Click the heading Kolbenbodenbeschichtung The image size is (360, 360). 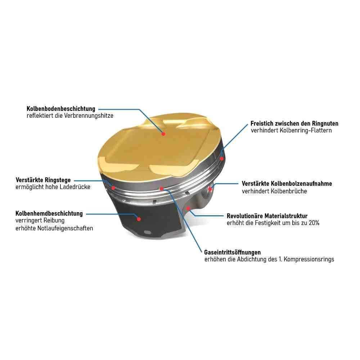point(61,109)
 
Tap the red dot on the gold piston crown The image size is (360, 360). point(163,134)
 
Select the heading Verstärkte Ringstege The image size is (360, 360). point(43,180)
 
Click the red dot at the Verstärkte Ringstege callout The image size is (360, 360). point(113,188)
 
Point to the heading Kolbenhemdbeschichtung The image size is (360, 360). point(49,213)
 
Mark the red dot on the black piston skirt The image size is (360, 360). point(139,219)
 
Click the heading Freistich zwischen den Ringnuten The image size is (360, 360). point(294,123)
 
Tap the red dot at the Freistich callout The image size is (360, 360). point(221,159)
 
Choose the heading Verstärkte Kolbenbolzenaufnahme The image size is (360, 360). point(287,184)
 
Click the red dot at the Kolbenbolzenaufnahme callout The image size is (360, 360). point(210,189)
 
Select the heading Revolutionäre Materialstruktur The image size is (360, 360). point(267,216)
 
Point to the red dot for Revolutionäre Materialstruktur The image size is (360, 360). point(188,208)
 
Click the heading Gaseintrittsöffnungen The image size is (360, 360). point(232,252)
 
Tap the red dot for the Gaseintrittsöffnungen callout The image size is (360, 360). point(161,189)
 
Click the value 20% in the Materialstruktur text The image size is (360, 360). point(314,223)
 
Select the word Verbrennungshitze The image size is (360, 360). point(89,116)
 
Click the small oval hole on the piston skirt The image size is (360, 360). point(147,232)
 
